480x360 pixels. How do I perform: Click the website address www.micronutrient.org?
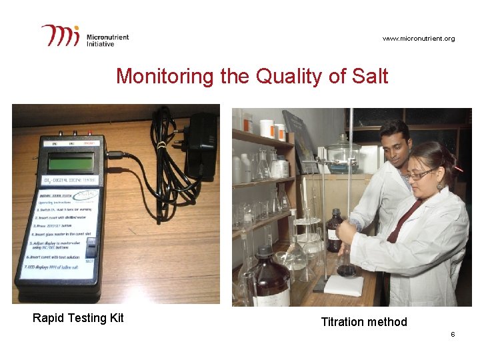coord(419,39)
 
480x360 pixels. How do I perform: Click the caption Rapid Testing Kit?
coord(78,318)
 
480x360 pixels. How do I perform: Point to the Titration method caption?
coord(363,322)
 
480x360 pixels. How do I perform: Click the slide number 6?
coord(453,334)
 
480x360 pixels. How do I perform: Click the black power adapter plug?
coord(201,143)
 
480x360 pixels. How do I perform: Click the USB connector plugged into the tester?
coord(115,156)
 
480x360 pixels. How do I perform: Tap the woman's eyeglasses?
coord(418,175)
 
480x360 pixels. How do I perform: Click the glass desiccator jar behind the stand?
coord(343,157)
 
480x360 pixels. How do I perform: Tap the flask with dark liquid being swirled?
coord(346,266)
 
